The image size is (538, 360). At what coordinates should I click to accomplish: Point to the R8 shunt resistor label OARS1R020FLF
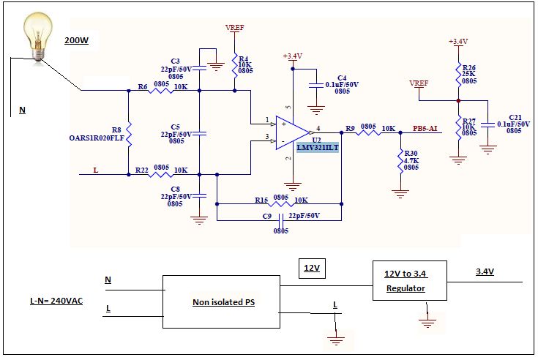pos(96,137)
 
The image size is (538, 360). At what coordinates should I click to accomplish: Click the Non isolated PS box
pos(220,302)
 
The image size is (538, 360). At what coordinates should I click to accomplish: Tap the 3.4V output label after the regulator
pos(485,272)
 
